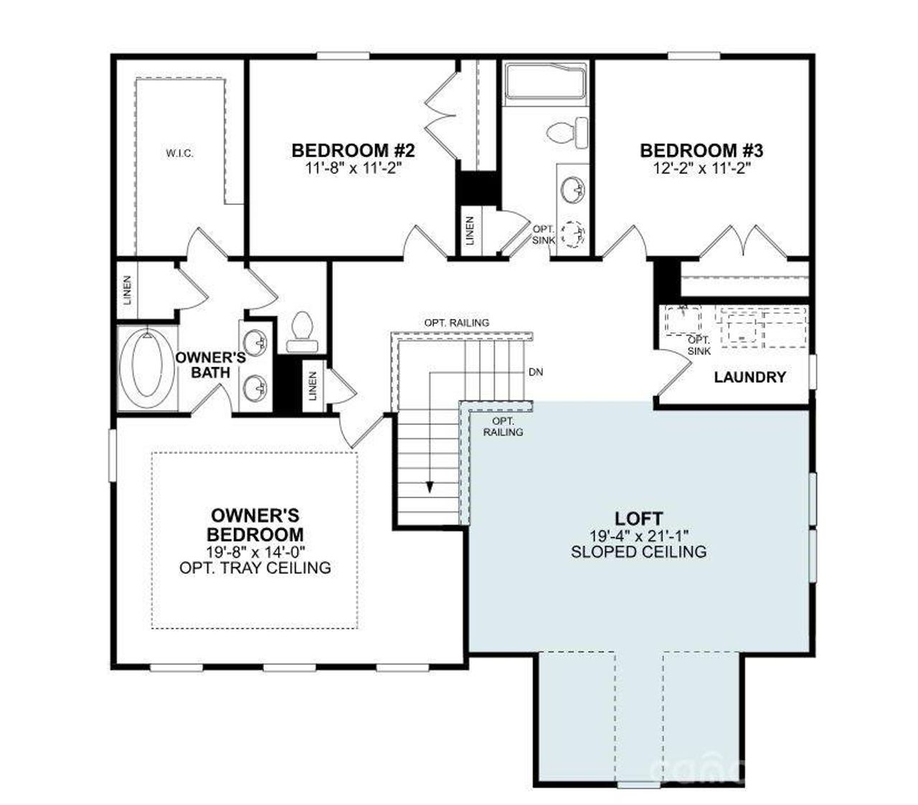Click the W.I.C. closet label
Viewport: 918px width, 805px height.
tap(179, 153)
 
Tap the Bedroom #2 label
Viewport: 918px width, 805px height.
tap(353, 151)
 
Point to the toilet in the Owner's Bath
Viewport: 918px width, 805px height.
tap(302, 332)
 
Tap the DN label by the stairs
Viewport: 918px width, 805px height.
tap(535, 372)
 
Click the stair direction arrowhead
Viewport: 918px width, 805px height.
tap(430, 487)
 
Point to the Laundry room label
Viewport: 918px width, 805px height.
tap(749, 377)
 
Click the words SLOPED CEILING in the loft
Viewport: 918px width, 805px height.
tap(638, 552)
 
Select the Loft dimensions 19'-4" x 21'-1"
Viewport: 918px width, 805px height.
tap(638, 535)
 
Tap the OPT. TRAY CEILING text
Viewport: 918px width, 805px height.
tap(255, 568)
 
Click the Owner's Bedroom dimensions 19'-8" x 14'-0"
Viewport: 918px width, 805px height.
tap(255, 552)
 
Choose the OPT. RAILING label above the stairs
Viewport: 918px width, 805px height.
tap(456, 323)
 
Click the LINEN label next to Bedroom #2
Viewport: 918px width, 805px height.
tap(470, 232)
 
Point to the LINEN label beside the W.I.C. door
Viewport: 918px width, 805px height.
tap(128, 290)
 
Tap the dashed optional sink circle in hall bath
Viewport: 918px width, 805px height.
tap(573, 234)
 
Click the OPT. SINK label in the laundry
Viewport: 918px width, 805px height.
tap(699, 346)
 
